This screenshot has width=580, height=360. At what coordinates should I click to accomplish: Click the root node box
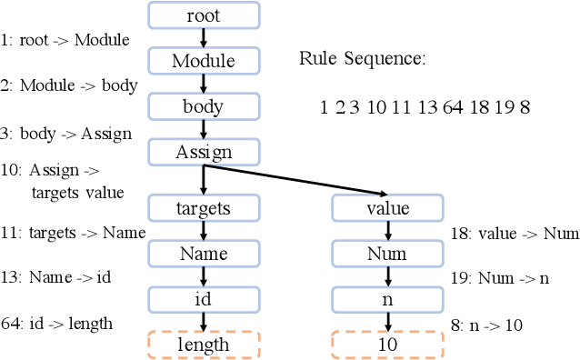[204, 15]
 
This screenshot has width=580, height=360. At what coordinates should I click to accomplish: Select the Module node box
[204, 61]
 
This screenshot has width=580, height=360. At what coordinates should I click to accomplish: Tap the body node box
[204, 106]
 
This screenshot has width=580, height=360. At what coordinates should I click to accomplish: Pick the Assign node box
[204, 152]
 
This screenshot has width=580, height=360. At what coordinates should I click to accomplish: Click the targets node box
[204, 208]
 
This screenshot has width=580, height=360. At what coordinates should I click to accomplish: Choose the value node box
[387, 208]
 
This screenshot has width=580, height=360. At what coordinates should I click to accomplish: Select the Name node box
[204, 254]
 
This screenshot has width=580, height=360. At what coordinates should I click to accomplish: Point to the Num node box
[387, 254]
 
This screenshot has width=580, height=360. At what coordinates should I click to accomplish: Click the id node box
[204, 299]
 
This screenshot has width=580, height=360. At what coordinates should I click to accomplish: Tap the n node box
[387, 299]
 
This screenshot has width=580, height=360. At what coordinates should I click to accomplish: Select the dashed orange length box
[204, 345]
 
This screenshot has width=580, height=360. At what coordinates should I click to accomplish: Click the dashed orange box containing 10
[387, 345]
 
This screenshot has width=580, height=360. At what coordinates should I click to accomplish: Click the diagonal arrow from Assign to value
[300, 178]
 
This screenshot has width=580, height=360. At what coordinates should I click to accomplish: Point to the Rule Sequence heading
[362, 60]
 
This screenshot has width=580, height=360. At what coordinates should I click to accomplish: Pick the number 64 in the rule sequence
[452, 107]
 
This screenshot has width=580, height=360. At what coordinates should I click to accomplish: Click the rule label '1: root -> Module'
[65, 40]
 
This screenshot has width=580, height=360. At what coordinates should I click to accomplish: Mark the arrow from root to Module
[204, 38]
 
